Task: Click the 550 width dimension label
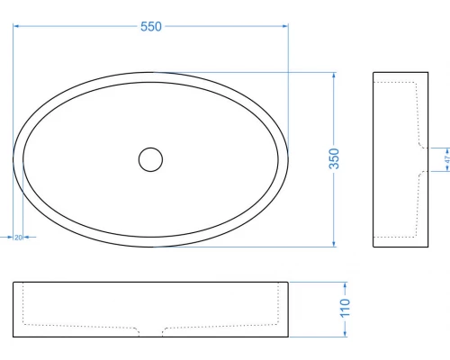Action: [151, 26]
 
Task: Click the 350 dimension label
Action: [334, 158]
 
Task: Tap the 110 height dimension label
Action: [345, 308]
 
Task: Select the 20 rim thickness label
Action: [18, 238]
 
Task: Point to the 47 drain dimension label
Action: [447, 159]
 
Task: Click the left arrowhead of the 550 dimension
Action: [16, 26]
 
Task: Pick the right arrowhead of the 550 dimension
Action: [285, 26]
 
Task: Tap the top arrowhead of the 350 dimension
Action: [334, 76]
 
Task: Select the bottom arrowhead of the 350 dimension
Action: [334, 244]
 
